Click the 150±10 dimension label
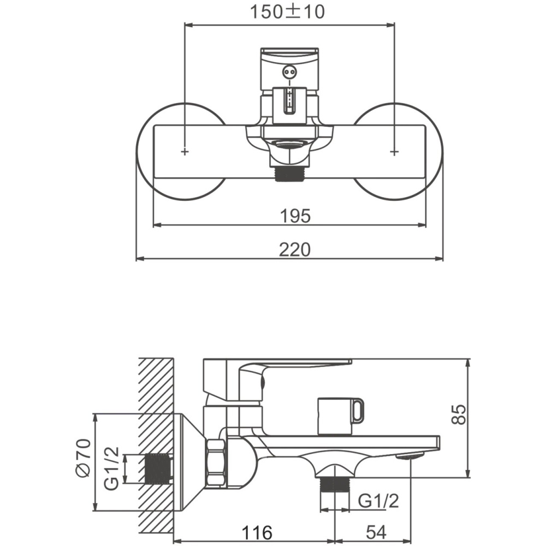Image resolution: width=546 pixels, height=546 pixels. click(287, 12)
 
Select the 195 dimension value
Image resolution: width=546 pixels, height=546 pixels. click(295, 216)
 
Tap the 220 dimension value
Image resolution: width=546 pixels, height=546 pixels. click(295, 250)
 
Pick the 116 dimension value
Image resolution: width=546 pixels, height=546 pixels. click(257, 532)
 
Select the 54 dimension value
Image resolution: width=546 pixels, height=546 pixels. click(376, 532)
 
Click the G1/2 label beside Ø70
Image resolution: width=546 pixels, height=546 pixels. click(112, 468)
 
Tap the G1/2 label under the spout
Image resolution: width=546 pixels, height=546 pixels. click(378, 501)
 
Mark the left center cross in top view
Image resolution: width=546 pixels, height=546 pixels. click(185, 151)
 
